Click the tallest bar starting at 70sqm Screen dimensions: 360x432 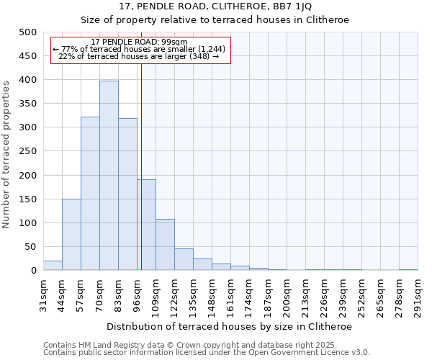tap(109, 176)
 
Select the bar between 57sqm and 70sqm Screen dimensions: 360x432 tap(90, 194)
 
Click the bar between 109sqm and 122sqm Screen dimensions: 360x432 tap(165, 245)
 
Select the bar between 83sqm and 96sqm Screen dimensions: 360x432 tap(127, 194)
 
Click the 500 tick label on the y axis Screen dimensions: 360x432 tap(28, 32)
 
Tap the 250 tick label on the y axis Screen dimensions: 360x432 tap(28, 151)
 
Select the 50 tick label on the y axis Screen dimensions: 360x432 tap(31, 247)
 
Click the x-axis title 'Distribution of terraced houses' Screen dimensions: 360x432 tap(230, 326)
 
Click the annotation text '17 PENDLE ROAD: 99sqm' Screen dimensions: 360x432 tap(140, 42)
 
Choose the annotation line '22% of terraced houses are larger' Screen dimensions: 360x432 tap(138, 56)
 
